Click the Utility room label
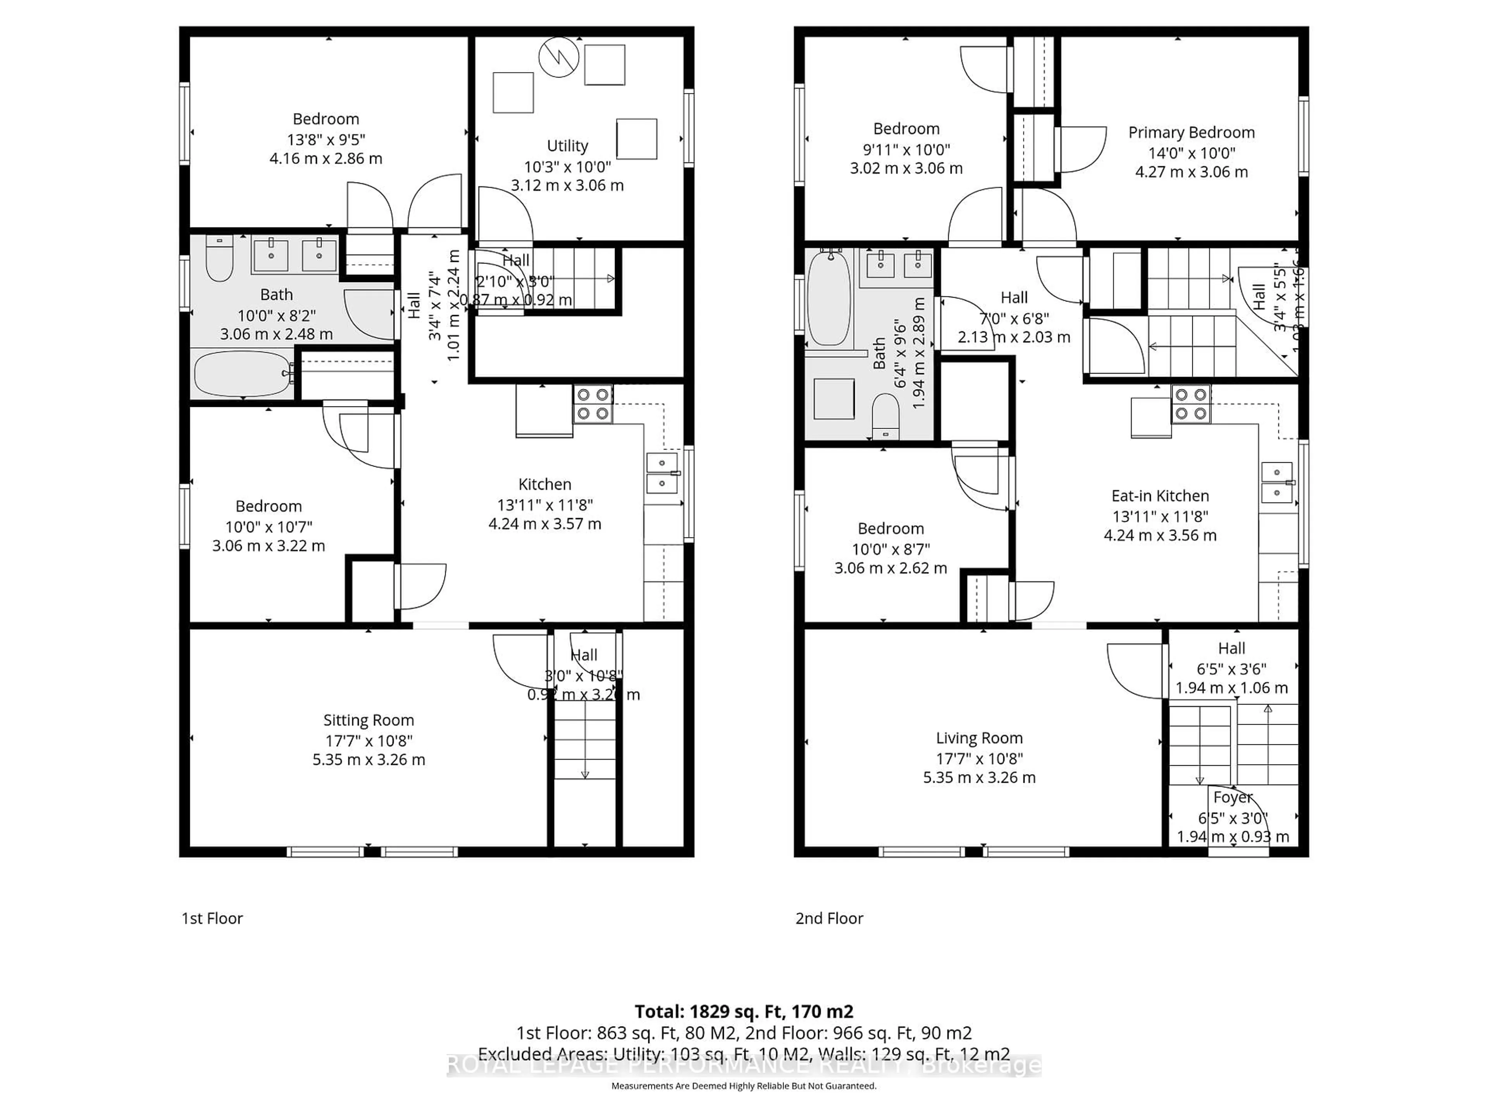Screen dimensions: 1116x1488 coord(567,146)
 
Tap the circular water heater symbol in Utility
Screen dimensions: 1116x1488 coord(558,58)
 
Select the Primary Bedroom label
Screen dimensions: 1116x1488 coord(1191,133)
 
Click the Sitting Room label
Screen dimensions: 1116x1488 coord(369,720)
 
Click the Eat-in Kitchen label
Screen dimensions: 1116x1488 coord(1160,496)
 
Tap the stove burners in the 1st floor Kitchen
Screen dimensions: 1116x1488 coord(592,404)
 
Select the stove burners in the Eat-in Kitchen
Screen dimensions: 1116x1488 coord(1191,404)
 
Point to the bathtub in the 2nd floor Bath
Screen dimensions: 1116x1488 coord(829,297)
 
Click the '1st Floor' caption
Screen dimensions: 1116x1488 coord(212,918)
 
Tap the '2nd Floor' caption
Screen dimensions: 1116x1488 coord(829,918)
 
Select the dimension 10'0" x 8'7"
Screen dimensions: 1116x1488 coord(890,549)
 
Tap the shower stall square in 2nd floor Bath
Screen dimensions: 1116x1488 coord(834,399)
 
